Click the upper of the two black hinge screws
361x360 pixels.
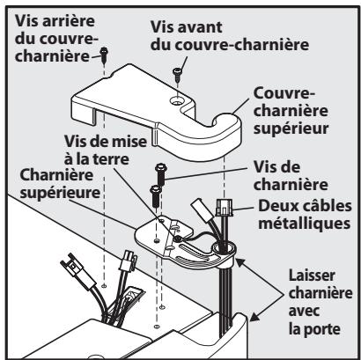[x=163, y=171]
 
